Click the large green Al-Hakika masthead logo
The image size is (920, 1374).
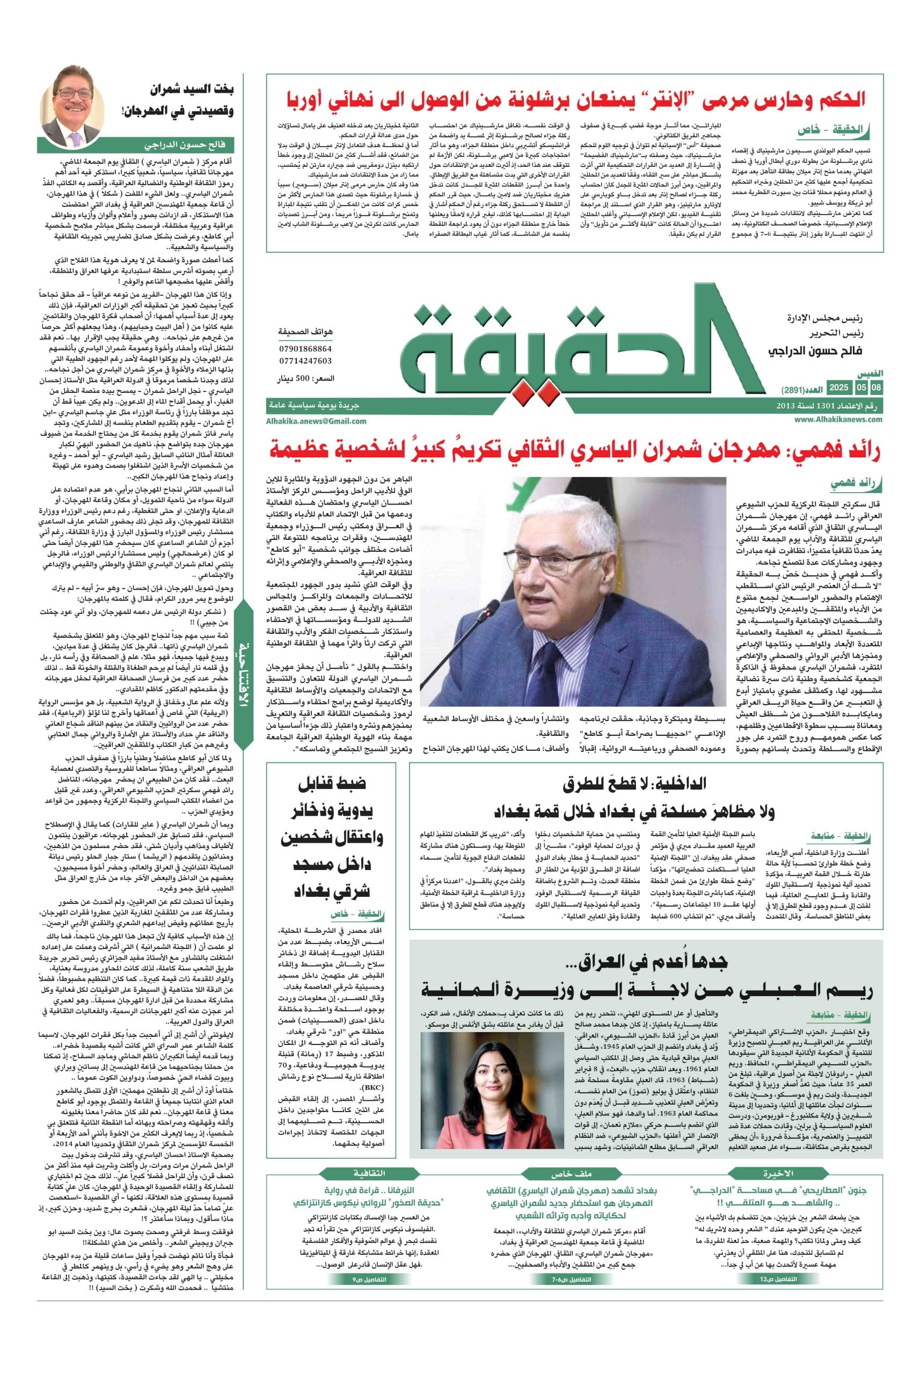(x=581, y=352)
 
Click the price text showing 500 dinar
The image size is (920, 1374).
(x=304, y=380)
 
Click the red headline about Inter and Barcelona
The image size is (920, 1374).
(x=575, y=98)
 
